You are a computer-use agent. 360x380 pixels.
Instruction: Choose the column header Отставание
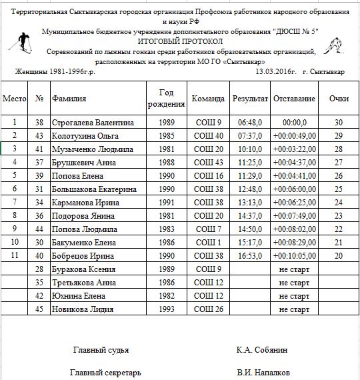(294, 99)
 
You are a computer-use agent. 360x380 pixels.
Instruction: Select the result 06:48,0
(250, 123)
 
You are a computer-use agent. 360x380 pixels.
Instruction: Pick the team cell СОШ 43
(208, 162)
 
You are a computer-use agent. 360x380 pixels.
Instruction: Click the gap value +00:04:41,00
(294, 175)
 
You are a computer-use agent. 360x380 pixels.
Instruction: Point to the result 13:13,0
(250, 202)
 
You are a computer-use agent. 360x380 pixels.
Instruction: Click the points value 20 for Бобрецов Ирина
(339, 256)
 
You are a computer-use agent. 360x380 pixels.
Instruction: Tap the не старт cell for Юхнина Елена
(294, 296)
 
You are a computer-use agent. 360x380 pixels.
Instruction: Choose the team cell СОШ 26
(208, 309)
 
